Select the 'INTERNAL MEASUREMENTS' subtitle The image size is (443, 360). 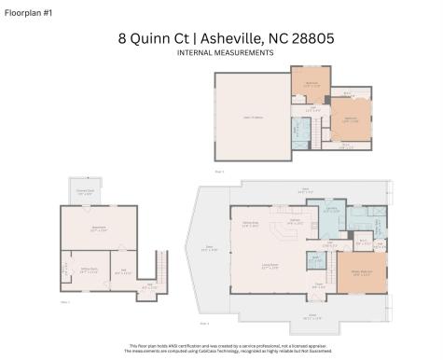[x=225, y=53]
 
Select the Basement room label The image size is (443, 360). [x=97, y=228]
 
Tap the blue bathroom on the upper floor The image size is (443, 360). [x=300, y=134]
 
